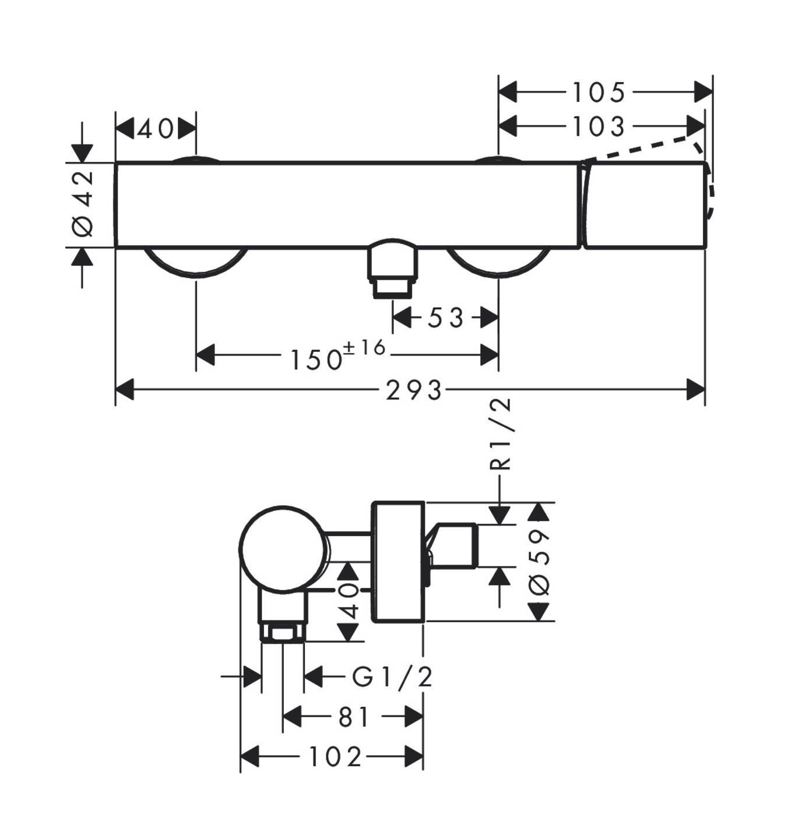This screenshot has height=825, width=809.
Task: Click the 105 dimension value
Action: pyautogui.click(x=598, y=93)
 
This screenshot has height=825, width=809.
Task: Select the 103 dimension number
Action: pyautogui.click(x=598, y=127)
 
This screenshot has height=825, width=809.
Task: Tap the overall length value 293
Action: pyautogui.click(x=413, y=390)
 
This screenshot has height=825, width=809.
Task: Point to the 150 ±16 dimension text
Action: pyautogui.click(x=338, y=355)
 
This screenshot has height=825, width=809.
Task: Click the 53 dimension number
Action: pyautogui.click(x=446, y=318)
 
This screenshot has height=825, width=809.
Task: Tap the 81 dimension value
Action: pyautogui.click(x=354, y=717)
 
